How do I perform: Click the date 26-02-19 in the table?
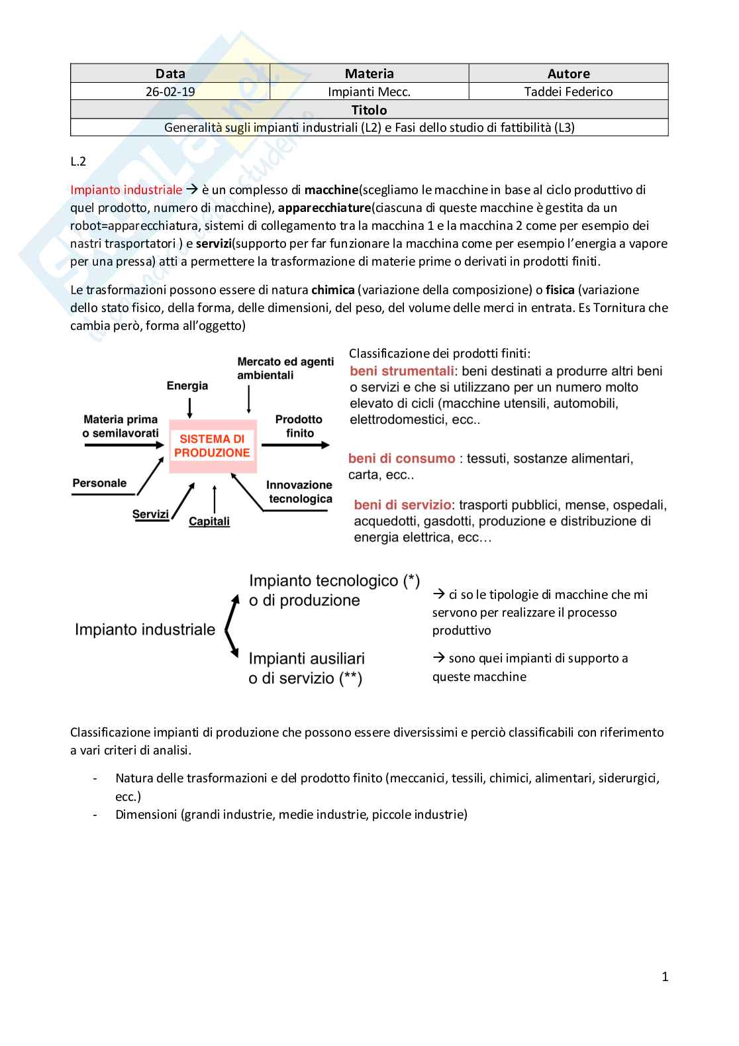pos(170,91)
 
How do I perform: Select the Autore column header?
pos(568,74)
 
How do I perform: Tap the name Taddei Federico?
pos(568,91)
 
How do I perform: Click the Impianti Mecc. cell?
pos(369,91)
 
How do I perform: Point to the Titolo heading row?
pos(369,110)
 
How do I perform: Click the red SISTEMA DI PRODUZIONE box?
pos(213,446)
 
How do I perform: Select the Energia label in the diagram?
pos(187,386)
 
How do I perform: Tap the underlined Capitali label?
pos(209,521)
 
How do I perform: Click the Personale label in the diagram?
pos(99,483)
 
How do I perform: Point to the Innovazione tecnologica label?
pos(299,492)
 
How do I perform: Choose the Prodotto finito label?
pos(299,426)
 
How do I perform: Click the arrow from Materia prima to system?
pos(124,445)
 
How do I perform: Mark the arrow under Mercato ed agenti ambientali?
pos(249,399)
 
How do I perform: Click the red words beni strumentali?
pos(402,371)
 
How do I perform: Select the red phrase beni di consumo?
pos(401,458)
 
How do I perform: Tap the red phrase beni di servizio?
pos(403,505)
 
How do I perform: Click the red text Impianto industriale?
pos(126,190)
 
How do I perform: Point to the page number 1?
pos(665,976)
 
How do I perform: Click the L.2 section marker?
pos(78,162)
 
